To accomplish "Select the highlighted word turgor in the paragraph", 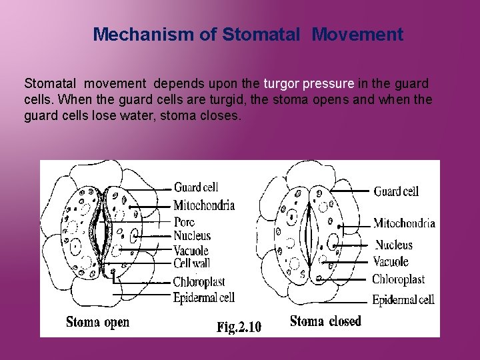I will [x=282, y=84].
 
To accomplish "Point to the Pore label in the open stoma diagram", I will [x=184, y=222].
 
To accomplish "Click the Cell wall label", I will [x=192, y=264].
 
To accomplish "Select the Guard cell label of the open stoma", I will [x=196, y=187].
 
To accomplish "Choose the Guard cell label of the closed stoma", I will [x=396, y=191].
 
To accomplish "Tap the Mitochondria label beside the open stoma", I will [x=204, y=205].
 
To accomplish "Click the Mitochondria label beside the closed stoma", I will [x=404, y=223].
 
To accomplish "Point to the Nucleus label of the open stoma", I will [x=192, y=235].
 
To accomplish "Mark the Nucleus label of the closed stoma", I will [x=393, y=245].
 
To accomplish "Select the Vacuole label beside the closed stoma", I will [x=391, y=261].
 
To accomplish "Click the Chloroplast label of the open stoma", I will [x=199, y=281].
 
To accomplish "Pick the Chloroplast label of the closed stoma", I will [x=398, y=279].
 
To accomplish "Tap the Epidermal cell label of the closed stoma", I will [x=403, y=300].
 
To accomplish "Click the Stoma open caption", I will [x=98, y=323].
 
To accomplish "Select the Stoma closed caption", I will [x=325, y=321].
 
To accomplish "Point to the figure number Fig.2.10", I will [x=239, y=327].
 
